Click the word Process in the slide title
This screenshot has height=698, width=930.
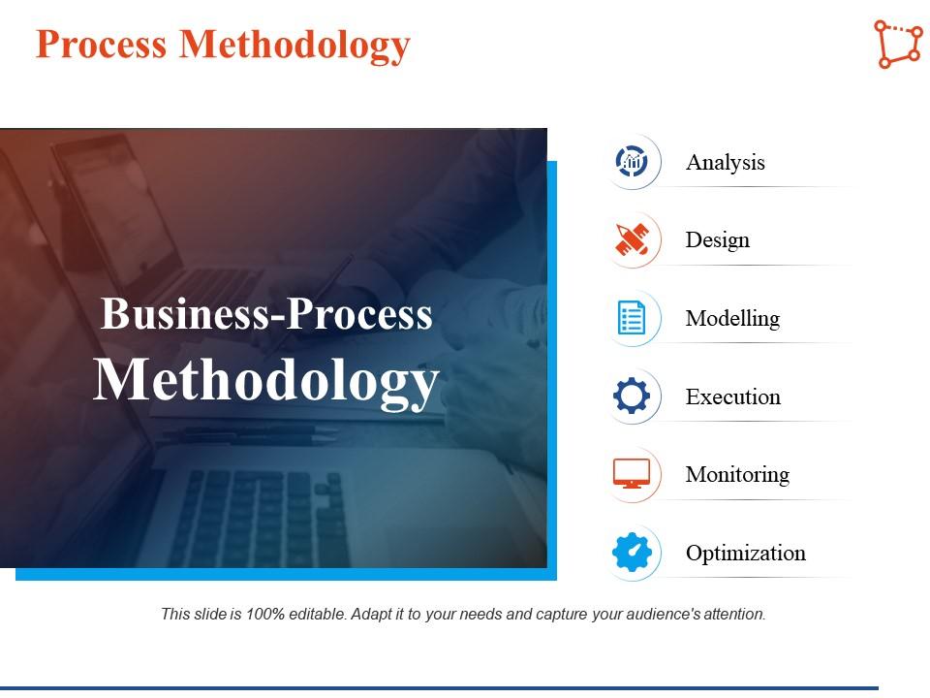point(102,45)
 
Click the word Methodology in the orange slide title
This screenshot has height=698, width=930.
point(294,45)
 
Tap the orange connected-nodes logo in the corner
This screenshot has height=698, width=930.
point(897,44)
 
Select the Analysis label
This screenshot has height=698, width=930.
point(725,163)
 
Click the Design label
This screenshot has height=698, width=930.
point(717,240)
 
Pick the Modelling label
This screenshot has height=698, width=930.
point(732,319)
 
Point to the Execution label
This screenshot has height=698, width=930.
point(732,397)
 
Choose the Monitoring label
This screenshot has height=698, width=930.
point(737,475)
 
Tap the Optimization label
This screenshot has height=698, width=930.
point(745,554)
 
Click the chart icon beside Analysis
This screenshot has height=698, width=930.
point(633,162)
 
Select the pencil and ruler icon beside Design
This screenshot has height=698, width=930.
point(633,240)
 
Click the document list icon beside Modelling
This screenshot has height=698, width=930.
point(633,318)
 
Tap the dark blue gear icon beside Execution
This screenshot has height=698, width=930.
point(633,397)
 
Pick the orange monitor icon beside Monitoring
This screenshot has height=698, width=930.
point(633,474)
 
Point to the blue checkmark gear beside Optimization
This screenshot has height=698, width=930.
point(633,553)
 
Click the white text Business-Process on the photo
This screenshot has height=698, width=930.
point(266,315)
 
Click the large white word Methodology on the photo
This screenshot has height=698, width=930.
point(266,380)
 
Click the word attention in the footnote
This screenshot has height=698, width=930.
point(734,614)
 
